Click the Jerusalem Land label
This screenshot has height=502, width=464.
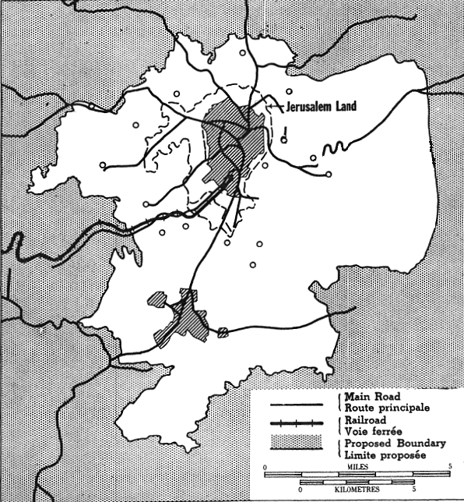tap(322, 107)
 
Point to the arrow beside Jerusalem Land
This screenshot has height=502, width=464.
tap(273, 103)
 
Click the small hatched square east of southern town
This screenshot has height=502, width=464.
tap(223, 332)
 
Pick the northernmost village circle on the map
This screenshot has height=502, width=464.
tap(243, 53)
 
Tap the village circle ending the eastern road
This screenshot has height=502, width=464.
tap(329, 174)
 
